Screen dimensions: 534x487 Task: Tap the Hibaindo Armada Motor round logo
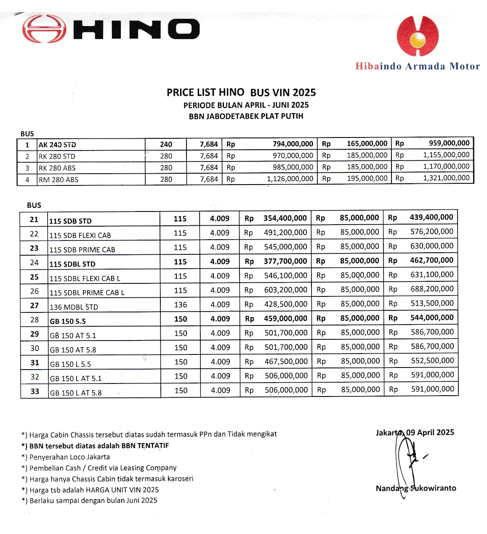418,36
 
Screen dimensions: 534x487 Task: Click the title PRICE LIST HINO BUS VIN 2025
241,93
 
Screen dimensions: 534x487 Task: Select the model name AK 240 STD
57,145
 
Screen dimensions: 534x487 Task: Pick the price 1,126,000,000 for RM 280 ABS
290,179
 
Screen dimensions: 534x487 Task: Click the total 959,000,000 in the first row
449,143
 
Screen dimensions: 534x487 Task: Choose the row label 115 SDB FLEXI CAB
80,235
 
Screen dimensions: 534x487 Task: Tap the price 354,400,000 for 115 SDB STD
285,218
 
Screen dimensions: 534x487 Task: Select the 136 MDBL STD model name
74,307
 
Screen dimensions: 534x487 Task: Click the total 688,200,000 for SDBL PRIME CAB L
432,289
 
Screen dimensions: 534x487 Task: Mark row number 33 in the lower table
35,391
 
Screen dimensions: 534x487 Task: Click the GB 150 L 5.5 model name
70,364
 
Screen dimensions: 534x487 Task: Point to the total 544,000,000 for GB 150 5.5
432,317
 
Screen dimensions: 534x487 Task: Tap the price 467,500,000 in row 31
286,361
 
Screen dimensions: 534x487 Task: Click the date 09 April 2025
430,432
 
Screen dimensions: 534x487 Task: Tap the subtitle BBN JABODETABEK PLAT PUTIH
246,116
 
